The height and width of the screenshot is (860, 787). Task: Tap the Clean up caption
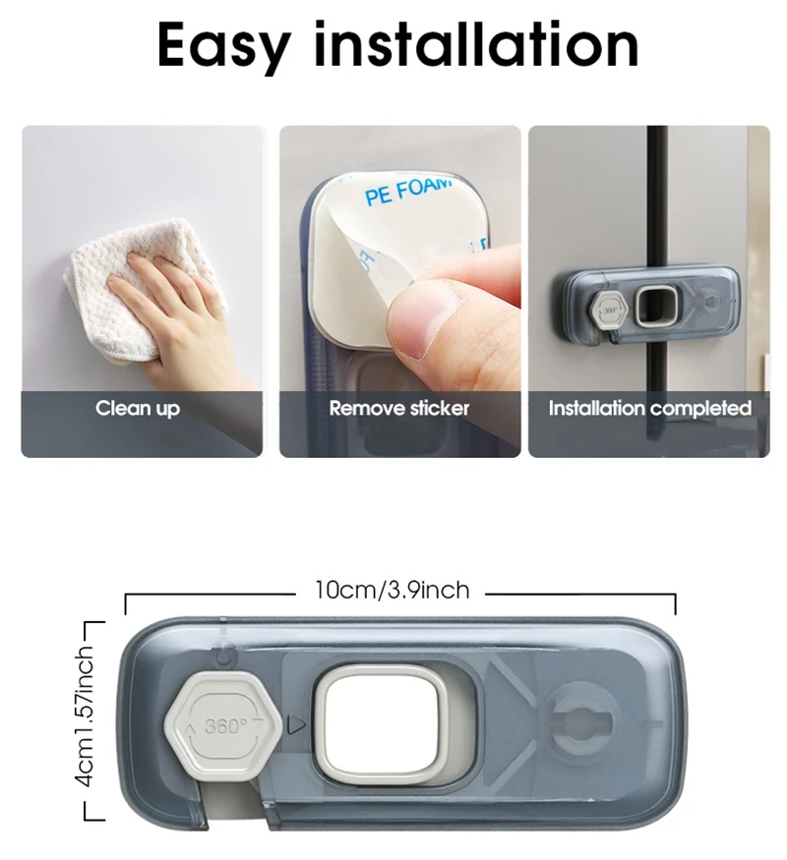[138, 409]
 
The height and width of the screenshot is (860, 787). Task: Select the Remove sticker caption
[399, 408]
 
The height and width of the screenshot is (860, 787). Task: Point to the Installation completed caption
[650, 409]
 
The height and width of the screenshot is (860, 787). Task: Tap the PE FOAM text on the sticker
[407, 191]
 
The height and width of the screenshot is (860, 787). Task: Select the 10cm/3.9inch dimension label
[393, 590]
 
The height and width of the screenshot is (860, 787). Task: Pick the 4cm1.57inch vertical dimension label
[87, 716]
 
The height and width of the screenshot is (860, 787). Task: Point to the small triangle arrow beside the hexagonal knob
[296, 725]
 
